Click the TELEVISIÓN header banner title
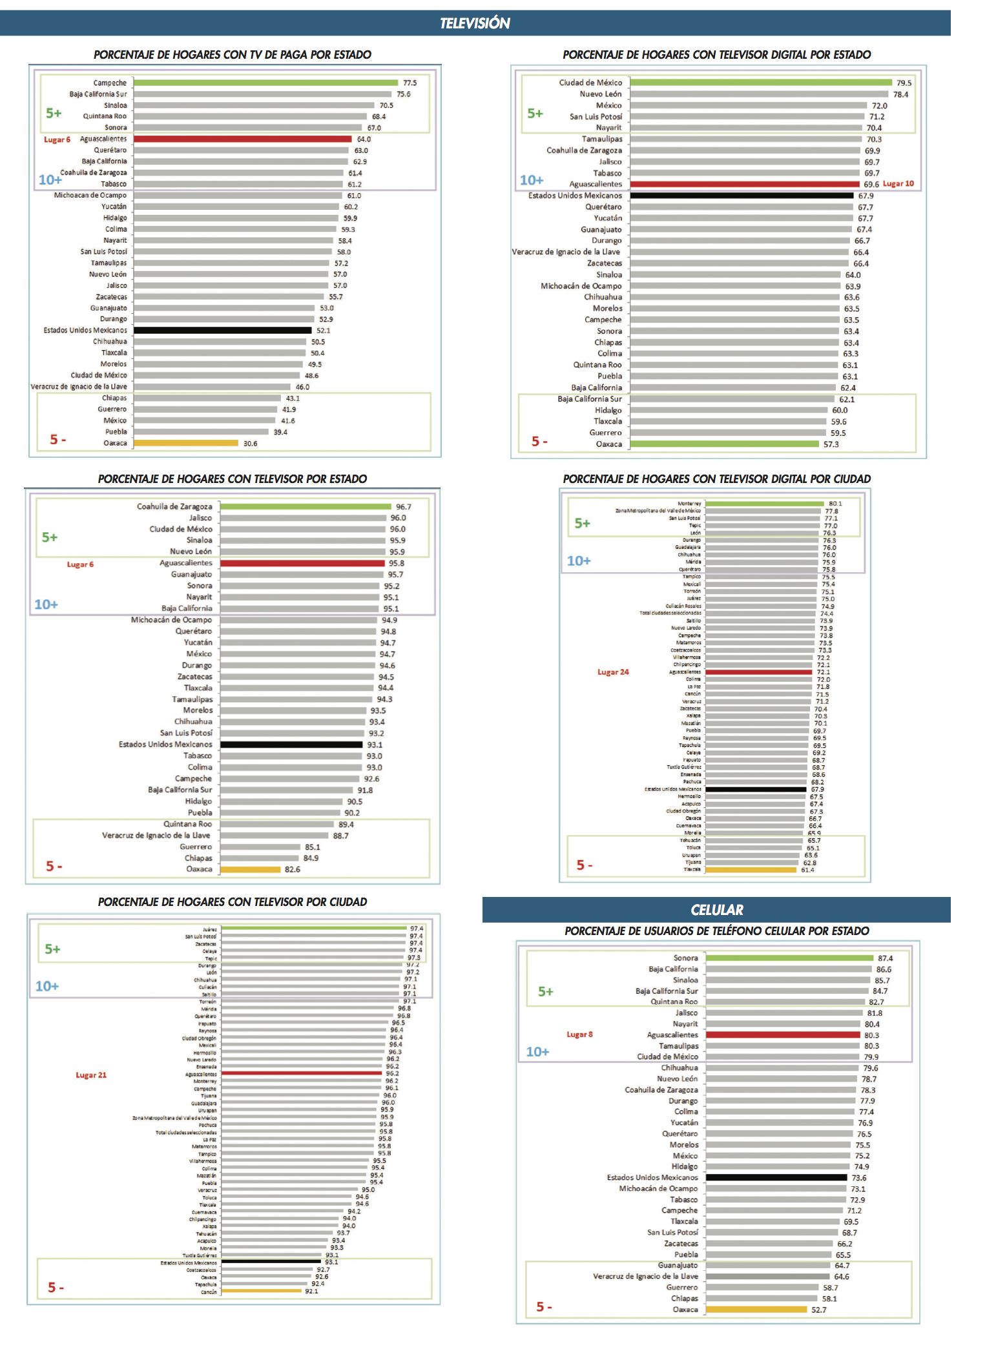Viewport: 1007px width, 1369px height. point(475,23)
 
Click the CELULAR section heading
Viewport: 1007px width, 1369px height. point(716,910)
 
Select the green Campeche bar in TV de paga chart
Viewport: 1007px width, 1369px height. point(265,83)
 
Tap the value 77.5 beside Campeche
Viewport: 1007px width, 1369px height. point(410,83)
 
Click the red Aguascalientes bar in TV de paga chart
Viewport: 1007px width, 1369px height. point(243,139)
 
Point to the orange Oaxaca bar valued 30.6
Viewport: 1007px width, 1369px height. point(186,443)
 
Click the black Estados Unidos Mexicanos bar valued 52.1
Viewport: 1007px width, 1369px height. point(222,331)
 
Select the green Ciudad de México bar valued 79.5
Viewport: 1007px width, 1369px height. point(761,83)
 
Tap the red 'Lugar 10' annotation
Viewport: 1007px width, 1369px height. point(898,184)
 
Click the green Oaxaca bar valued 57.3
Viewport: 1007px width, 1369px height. point(724,444)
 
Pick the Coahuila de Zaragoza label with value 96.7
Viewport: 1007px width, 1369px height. point(174,507)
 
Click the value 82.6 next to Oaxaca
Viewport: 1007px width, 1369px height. point(293,870)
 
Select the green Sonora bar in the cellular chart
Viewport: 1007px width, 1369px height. point(789,958)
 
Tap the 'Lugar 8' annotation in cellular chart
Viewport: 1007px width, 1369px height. point(579,1034)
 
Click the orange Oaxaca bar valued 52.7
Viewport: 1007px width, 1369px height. point(756,1310)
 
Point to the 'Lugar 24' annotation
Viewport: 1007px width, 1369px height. point(613,672)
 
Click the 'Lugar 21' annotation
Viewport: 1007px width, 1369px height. point(91,1075)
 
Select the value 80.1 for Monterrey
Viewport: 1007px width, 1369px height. point(835,504)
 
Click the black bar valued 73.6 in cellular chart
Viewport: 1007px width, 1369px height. point(776,1178)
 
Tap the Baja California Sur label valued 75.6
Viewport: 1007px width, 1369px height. point(98,94)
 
